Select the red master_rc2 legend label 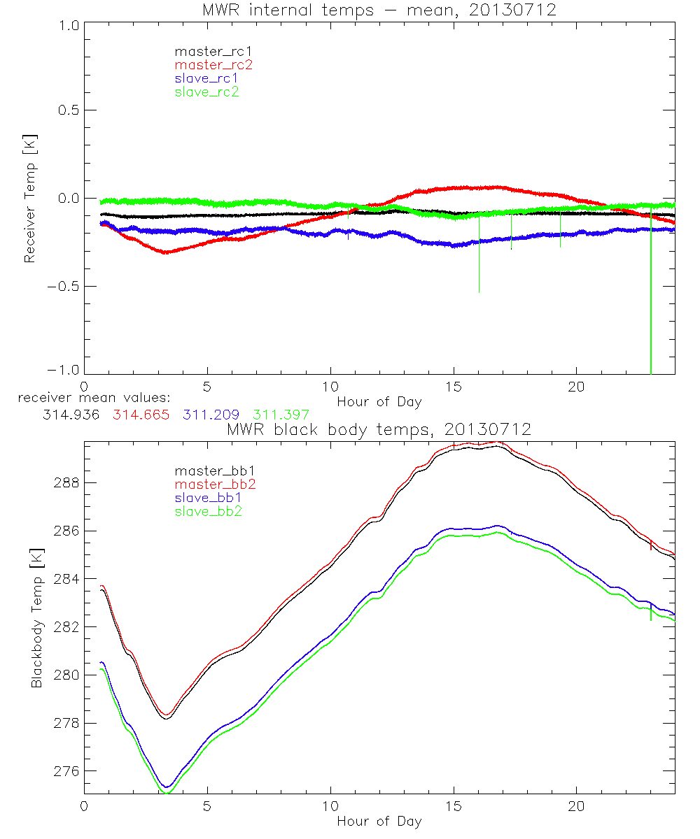click(213, 65)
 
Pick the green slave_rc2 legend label click(206, 92)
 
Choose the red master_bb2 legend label click(213, 485)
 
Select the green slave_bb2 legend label click(209, 512)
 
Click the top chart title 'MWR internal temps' click(379, 10)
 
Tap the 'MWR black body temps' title click(379, 430)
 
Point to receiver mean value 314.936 click(71, 415)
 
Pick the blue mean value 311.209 click(211, 415)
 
